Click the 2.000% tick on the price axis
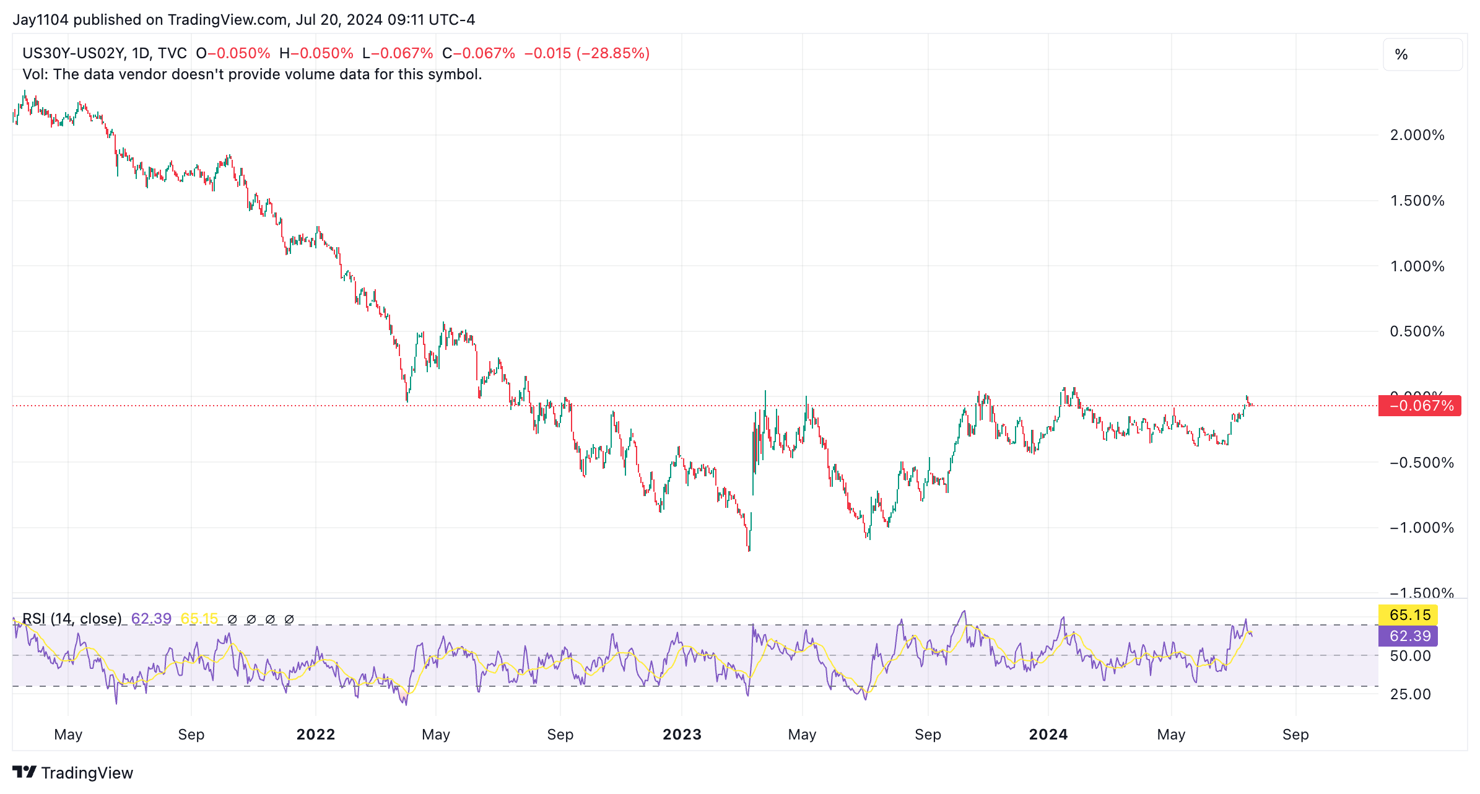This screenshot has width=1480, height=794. tap(1417, 135)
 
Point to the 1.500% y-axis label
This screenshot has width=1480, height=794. tap(1417, 201)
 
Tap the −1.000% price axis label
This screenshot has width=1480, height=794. tap(1421, 528)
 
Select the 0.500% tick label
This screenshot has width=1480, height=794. tap(1417, 331)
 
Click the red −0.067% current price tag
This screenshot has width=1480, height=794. tap(1420, 406)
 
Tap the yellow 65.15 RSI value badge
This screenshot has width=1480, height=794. tap(1409, 615)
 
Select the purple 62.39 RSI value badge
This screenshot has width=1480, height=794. tap(1409, 636)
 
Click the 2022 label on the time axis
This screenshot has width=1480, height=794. tap(316, 735)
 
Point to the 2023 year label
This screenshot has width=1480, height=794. tap(682, 735)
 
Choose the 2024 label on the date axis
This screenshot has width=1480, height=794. tap(1048, 735)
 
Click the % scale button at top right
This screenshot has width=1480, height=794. tap(1422, 55)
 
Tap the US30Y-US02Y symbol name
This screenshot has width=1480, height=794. tap(74, 53)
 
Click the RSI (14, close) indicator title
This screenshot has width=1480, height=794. tap(72, 619)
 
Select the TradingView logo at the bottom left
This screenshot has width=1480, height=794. tap(73, 773)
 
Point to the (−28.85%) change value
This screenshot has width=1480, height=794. tap(612, 53)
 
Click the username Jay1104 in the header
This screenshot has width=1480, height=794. tap(40, 20)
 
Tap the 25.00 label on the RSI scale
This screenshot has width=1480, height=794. tap(1410, 694)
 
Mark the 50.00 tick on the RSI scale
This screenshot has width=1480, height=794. tap(1410, 656)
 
